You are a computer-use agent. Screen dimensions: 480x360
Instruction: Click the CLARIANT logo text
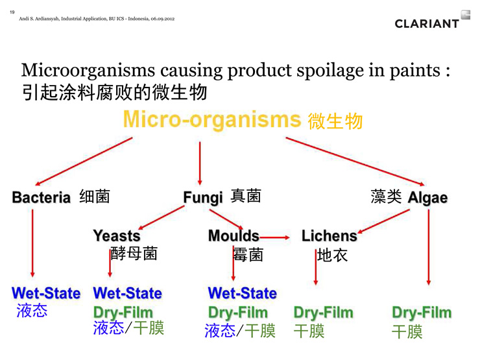[427, 23]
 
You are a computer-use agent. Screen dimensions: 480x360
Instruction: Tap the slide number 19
[12, 12]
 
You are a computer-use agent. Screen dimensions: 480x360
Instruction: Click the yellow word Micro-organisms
[212, 120]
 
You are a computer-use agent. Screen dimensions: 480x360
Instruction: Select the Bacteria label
[42, 197]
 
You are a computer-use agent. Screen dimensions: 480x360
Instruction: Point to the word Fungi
[203, 197]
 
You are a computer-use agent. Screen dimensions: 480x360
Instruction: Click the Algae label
[427, 198]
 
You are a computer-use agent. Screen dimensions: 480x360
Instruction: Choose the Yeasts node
[117, 236]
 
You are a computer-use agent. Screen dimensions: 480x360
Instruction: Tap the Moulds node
[234, 236]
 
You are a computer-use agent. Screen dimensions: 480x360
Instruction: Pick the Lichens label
[330, 236]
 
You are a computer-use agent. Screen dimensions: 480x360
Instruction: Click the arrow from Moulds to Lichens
[274, 237]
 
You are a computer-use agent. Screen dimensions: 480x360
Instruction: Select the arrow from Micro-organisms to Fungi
[200, 163]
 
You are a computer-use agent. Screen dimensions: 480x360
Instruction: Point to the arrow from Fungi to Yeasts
[162, 217]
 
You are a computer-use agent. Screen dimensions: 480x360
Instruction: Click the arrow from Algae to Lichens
[383, 221]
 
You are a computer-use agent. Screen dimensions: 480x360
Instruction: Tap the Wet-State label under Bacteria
[46, 293]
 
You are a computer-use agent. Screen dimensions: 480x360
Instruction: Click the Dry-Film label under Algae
[422, 313]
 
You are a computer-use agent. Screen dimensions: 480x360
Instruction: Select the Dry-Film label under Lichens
[324, 313]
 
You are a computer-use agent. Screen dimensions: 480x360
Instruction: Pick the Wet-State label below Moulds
[243, 293]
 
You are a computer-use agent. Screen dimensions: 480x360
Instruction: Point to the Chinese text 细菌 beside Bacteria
[95, 197]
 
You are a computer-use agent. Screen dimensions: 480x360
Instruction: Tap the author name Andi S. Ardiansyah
[39, 19]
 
